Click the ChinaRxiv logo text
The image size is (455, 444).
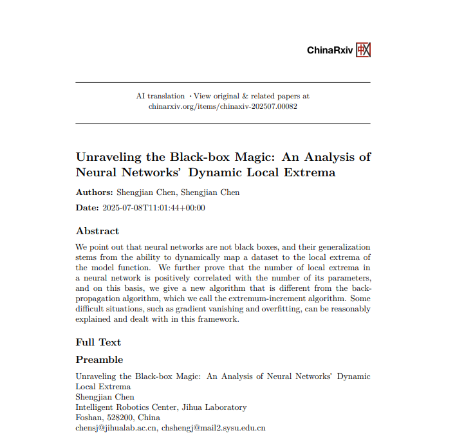pyautogui.click(x=330, y=50)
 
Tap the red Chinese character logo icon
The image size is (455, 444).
pyautogui.click(x=364, y=50)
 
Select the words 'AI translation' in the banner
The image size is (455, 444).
pyautogui.click(x=160, y=96)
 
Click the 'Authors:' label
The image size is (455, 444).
pyautogui.click(x=95, y=192)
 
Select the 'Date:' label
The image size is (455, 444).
pyautogui.click(x=88, y=208)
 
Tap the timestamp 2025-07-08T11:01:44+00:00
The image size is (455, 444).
pyautogui.click(x=154, y=208)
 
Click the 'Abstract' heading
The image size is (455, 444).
pyautogui.click(x=97, y=231)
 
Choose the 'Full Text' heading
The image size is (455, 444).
pyautogui.click(x=98, y=342)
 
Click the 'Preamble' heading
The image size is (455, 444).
pyautogui.click(x=99, y=360)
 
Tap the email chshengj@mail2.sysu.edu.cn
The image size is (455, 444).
pyautogui.click(x=214, y=427)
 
